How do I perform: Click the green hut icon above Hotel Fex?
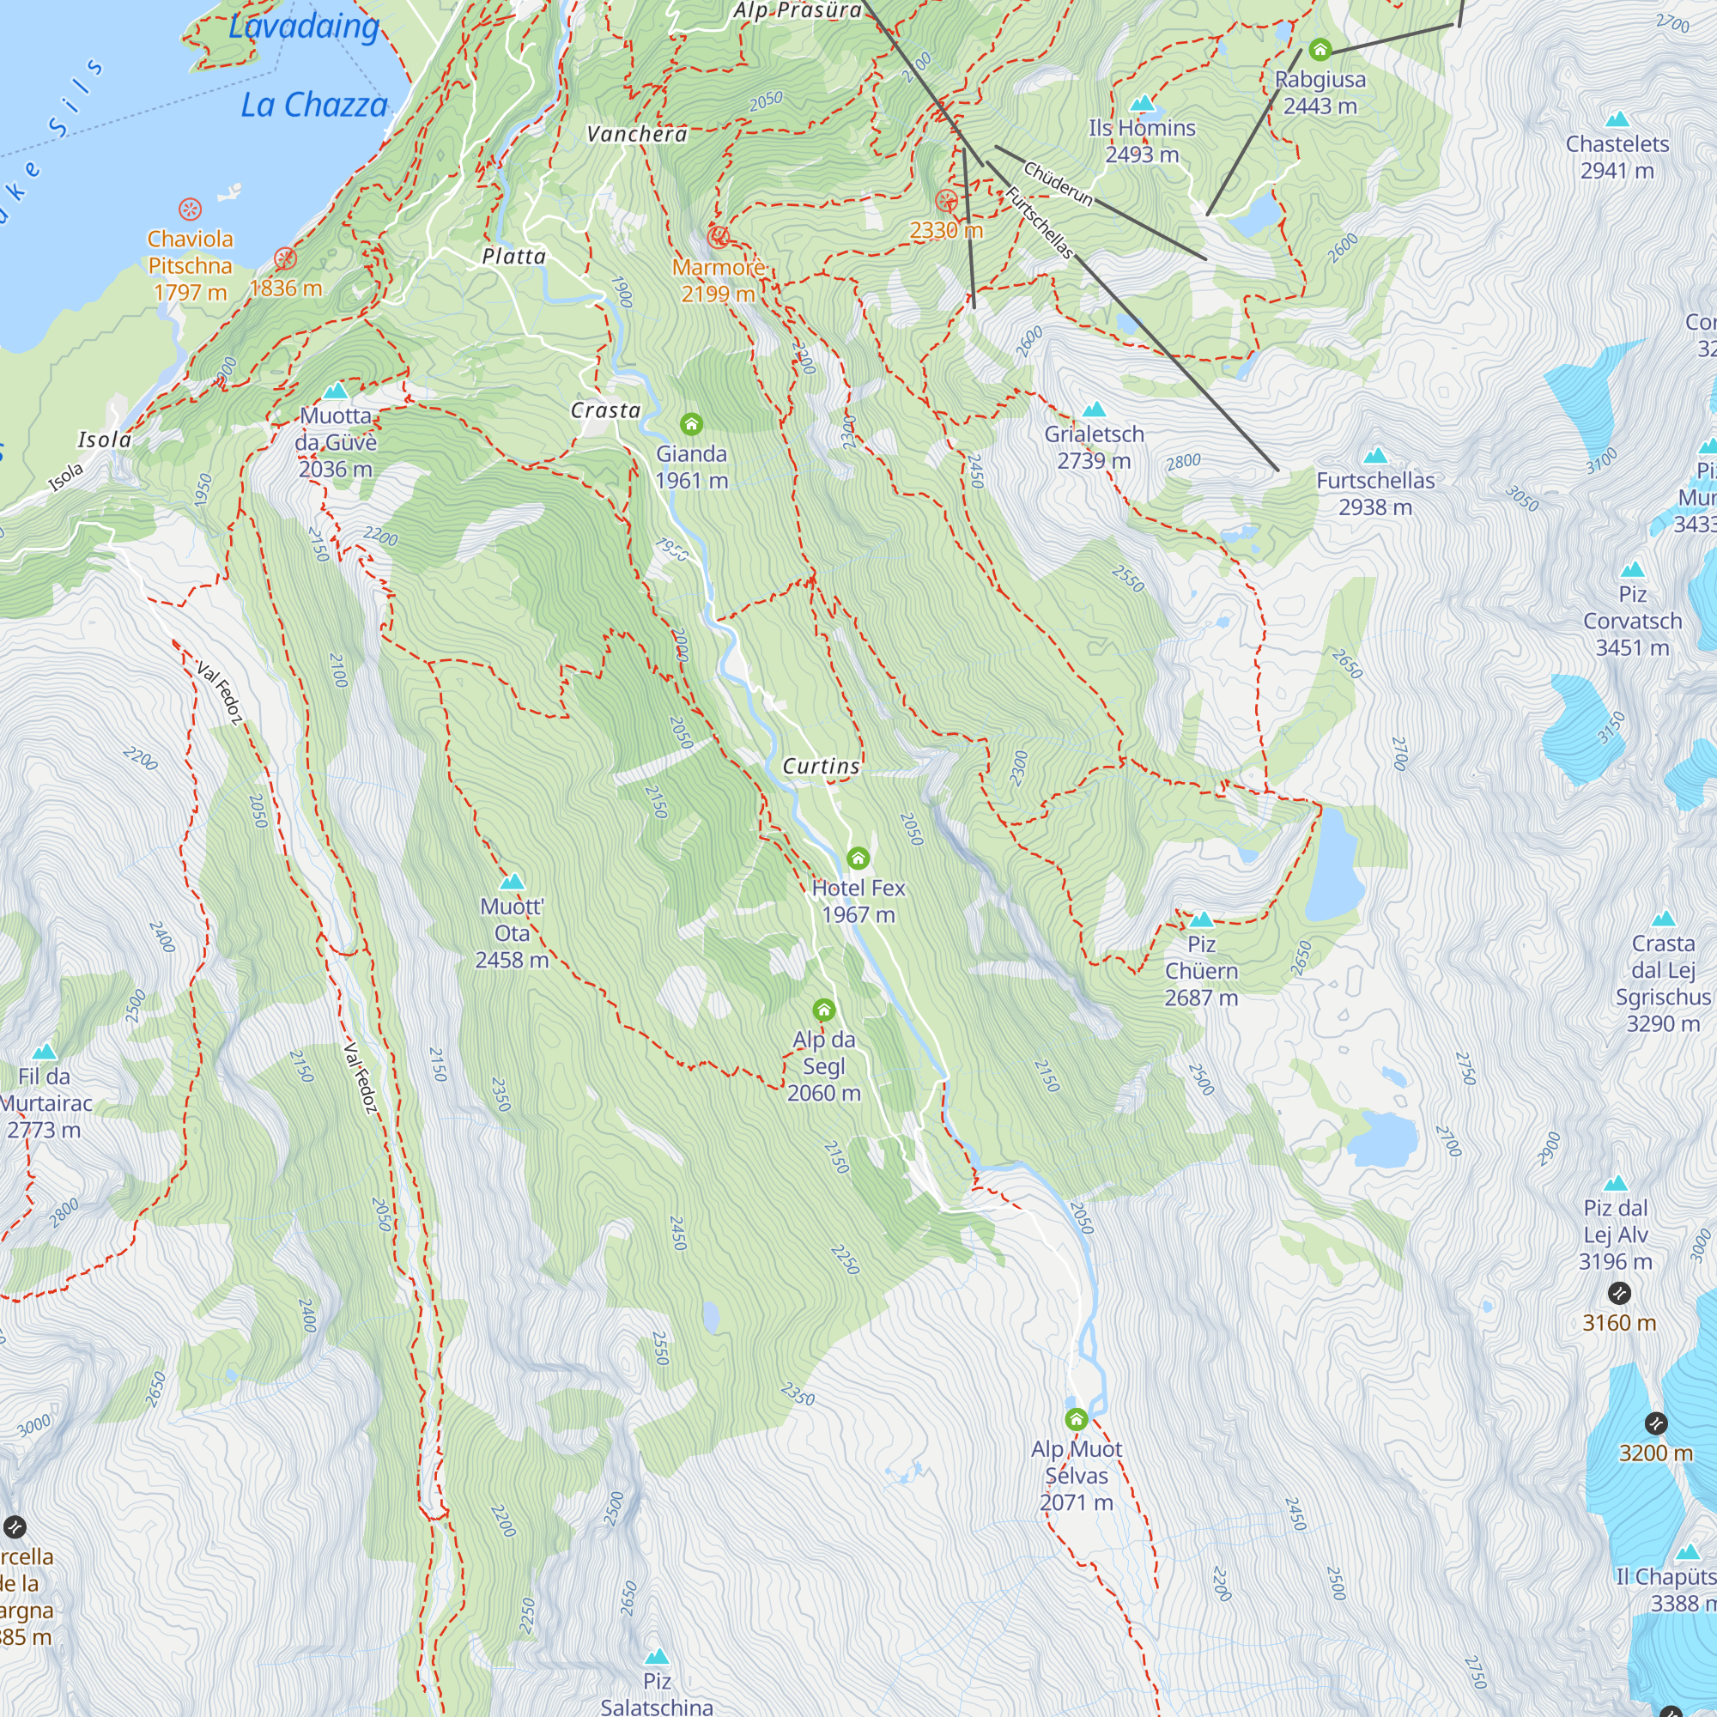point(858,858)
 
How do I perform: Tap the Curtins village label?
point(820,766)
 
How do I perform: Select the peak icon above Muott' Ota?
point(512,882)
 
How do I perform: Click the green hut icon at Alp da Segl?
point(824,1010)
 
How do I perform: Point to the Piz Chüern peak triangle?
point(1202,919)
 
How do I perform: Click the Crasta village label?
point(605,410)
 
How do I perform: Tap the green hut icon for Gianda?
point(690,424)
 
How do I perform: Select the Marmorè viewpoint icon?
point(718,237)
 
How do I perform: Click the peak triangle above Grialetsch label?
point(1094,410)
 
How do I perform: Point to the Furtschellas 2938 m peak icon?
point(1375,456)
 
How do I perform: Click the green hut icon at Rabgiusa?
point(1320,49)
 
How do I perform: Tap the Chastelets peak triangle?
point(1617,119)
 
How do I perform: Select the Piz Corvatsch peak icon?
point(1633,570)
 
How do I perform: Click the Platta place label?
point(513,257)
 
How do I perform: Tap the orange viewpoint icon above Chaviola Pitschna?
point(191,209)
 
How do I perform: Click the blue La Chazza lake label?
point(314,106)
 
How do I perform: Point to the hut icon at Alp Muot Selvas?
point(1077,1418)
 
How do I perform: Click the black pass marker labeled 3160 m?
point(1619,1293)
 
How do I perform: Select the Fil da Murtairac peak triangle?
point(45,1053)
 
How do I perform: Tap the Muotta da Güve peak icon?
point(335,391)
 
